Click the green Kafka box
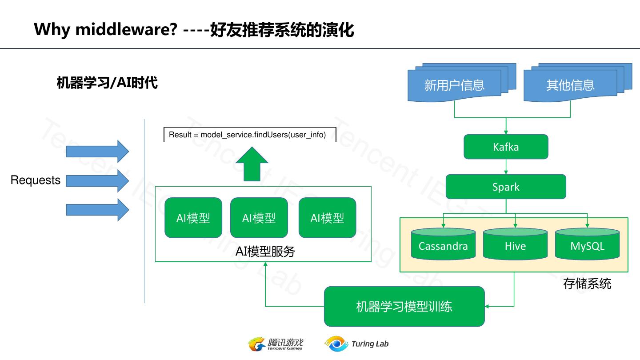506,147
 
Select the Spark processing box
506,187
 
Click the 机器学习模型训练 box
404,306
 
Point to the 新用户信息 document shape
454,85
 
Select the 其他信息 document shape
570,85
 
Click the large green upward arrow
252,164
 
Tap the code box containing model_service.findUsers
250,135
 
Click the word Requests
36,180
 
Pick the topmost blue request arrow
97,151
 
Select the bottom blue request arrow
97,210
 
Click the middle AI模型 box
259,218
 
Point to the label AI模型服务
265,252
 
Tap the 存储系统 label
587,284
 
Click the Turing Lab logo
356,344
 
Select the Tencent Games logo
276,344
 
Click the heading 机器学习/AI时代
107,83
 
